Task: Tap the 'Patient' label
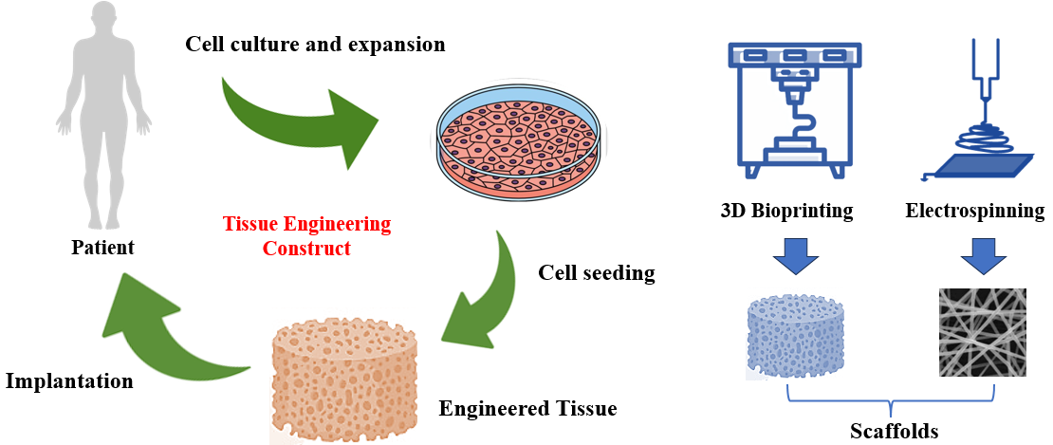[102, 249]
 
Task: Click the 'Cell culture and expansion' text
[315, 44]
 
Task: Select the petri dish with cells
[520, 139]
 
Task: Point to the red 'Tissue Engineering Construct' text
[306, 236]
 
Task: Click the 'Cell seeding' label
[597, 273]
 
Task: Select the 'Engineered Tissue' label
[527, 409]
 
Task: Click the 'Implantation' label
[68, 381]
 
